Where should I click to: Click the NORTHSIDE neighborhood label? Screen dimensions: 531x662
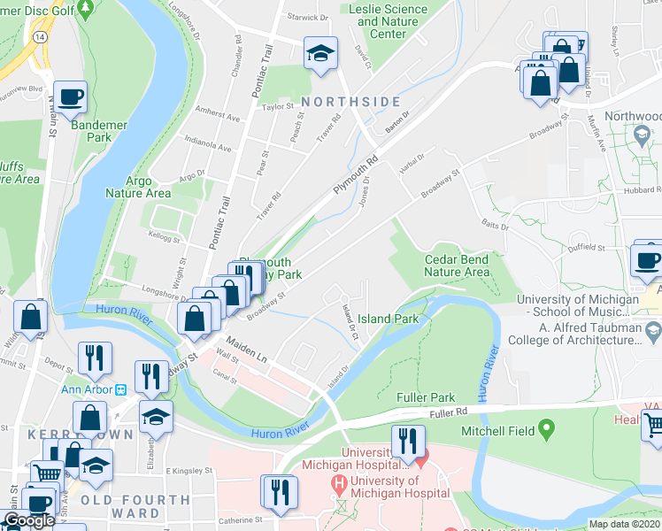[350, 102]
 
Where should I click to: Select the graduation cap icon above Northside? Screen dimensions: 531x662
[320, 54]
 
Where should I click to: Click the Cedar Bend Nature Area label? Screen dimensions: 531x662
[457, 266]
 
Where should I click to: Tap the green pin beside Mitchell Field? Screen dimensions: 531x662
[547, 431]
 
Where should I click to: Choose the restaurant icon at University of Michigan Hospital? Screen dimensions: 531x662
[408, 441]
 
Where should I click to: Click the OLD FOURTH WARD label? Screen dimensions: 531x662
[135, 500]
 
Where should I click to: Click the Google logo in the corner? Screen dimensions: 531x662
[29, 520]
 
